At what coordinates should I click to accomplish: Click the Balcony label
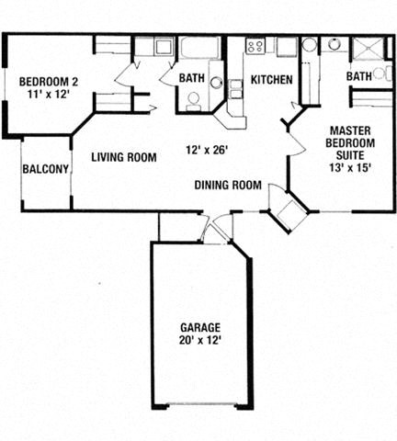coord(46,169)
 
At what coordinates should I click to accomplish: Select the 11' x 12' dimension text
coord(48,95)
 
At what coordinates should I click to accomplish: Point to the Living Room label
coord(123,157)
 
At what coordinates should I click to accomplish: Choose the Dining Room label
coord(228,185)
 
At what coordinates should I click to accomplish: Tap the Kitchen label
coord(271,80)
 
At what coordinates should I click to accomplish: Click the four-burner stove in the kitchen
coord(255,45)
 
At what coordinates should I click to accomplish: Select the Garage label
coord(199,328)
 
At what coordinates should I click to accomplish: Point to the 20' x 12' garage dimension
coord(199,341)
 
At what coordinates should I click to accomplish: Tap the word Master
coord(351,130)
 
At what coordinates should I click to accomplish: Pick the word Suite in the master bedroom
coord(350,156)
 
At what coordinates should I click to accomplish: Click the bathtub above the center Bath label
coord(198,48)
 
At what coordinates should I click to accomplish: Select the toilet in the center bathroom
coord(194,99)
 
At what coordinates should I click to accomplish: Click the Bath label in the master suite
coord(359,76)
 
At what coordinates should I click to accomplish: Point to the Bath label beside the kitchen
coord(191,78)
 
